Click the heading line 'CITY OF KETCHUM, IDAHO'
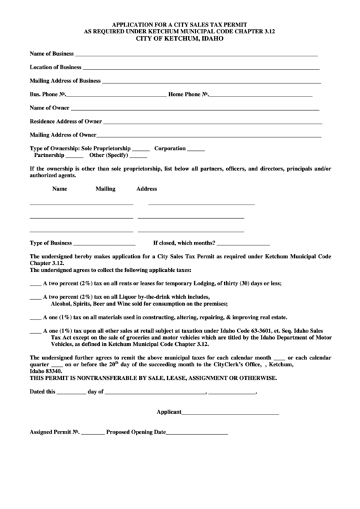click(x=179, y=38)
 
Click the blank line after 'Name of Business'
click(x=196, y=54)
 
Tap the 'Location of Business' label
click(x=56, y=67)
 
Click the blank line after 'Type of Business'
click(x=105, y=244)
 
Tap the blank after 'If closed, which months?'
click(x=243, y=244)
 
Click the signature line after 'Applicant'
click(x=230, y=413)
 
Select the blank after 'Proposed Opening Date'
click(x=197, y=434)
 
